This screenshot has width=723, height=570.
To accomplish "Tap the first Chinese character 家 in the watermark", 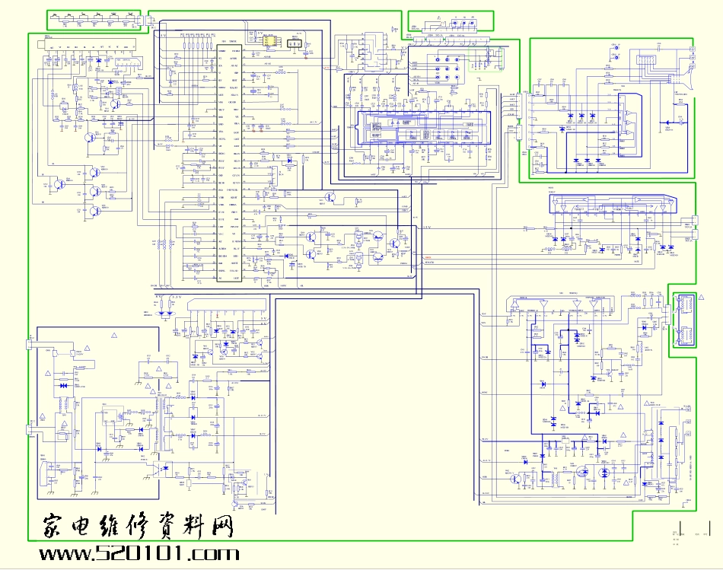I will coord(56,526).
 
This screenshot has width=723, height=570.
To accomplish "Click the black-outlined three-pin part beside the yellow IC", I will coord(295,45).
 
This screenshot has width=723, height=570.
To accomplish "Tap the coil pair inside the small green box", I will coord(683,320).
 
